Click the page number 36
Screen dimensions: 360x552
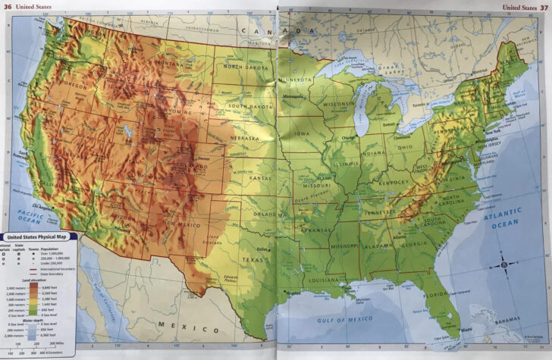8,7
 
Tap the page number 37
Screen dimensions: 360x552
544,7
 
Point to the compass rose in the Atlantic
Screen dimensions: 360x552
503,265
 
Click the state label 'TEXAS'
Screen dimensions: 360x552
252,259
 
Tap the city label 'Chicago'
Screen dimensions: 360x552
349,139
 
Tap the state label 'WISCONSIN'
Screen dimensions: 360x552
338,105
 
